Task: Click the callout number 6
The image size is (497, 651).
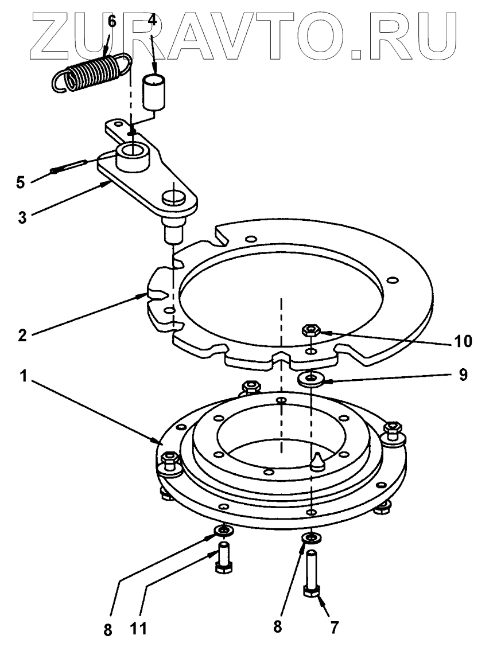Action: pyautogui.click(x=111, y=22)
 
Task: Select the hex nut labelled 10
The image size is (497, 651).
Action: pyautogui.click(x=311, y=330)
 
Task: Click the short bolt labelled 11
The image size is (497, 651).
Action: pyautogui.click(x=223, y=559)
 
